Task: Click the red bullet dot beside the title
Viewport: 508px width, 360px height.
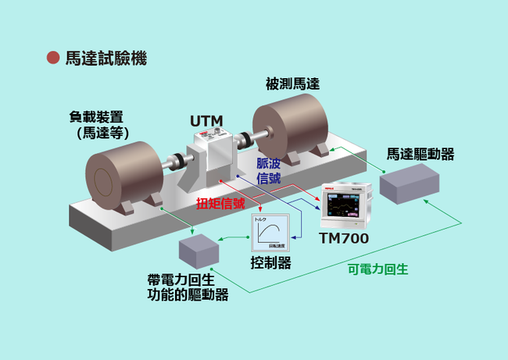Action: coord(53,58)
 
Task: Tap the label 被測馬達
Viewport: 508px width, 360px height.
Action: coord(292,84)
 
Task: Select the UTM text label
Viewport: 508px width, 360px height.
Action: coord(207,120)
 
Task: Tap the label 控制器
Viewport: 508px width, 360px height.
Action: coord(271,262)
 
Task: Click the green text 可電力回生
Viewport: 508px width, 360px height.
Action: coord(377,269)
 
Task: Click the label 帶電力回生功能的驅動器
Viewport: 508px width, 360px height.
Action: coord(188,287)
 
